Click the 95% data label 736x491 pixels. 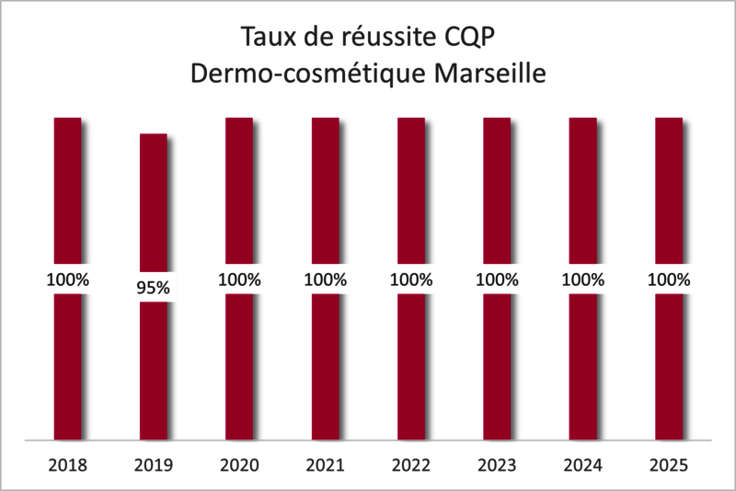153,288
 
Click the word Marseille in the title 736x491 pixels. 485,73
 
